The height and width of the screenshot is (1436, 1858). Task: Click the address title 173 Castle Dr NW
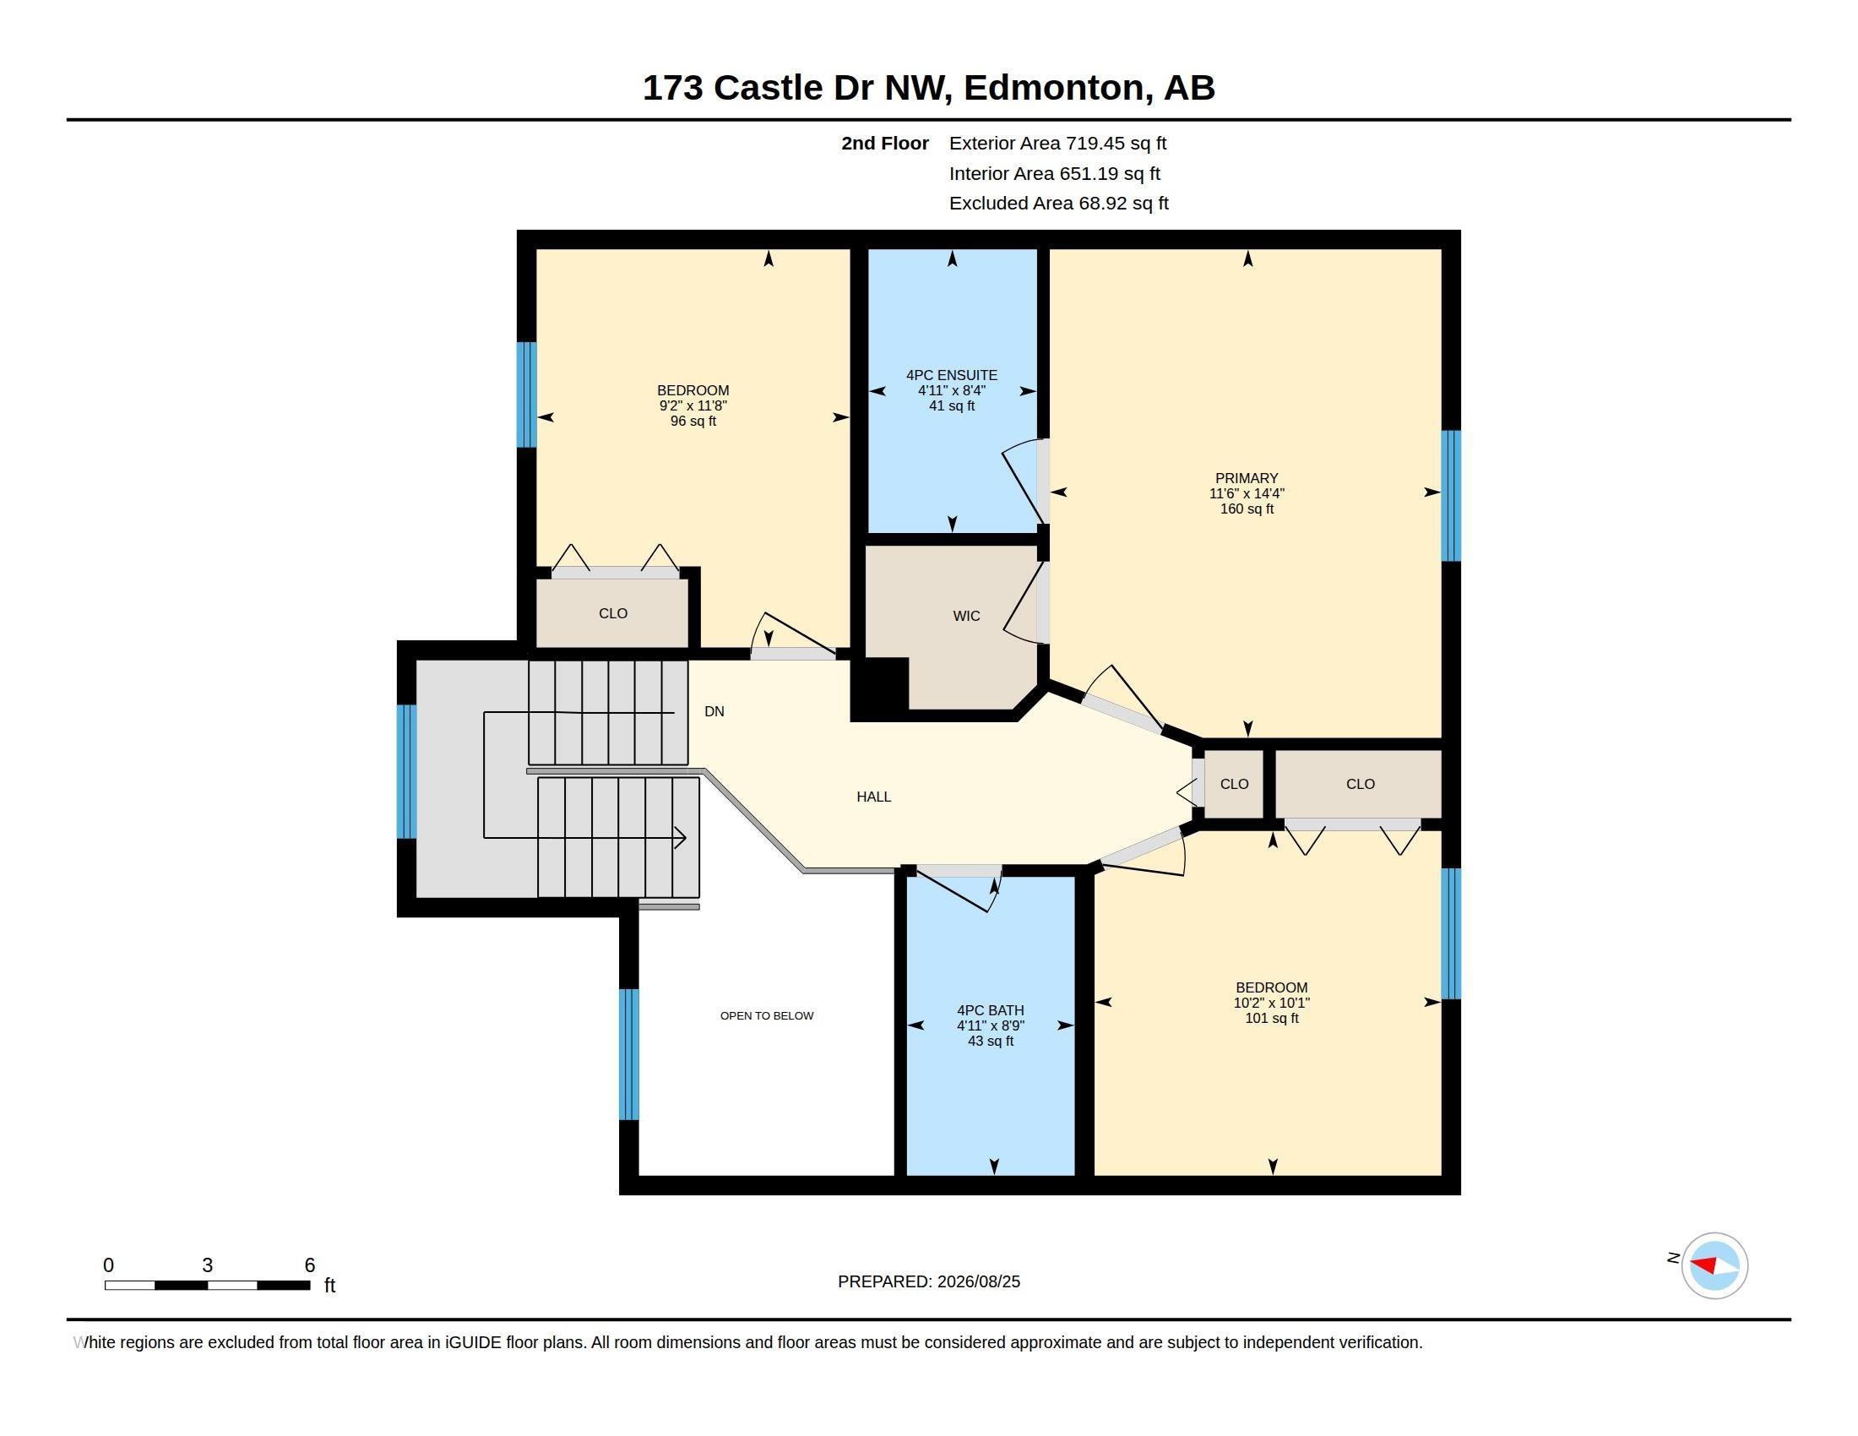click(x=794, y=88)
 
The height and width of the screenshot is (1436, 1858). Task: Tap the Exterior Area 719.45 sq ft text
click(x=1057, y=143)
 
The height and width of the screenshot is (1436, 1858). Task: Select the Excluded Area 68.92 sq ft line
click(x=1058, y=204)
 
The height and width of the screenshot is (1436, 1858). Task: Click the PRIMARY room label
click(x=1247, y=478)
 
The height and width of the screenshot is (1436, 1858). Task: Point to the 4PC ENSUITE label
click(x=951, y=375)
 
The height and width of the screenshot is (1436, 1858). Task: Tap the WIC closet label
click(x=966, y=616)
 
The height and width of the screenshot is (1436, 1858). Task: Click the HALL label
click(x=874, y=797)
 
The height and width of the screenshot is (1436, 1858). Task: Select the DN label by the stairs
click(x=714, y=711)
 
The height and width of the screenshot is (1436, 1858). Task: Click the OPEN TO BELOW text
click(x=767, y=1015)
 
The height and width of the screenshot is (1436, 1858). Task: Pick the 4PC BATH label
click(x=991, y=1010)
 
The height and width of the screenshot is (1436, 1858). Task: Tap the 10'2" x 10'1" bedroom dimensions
click(x=1272, y=1003)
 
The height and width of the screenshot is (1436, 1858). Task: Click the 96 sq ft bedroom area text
click(x=693, y=422)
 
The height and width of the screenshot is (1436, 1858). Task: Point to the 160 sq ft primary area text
click(x=1247, y=509)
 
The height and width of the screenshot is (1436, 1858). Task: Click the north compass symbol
click(x=1714, y=1265)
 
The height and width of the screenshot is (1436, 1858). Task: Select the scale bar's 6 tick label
click(x=310, y=1265)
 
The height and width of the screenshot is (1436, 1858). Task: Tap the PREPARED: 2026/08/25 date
click(x=929, y=1281)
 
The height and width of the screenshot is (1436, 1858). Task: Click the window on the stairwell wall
click(x=407, y=771)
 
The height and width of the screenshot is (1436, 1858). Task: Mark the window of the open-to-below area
click(x=628, y=1054)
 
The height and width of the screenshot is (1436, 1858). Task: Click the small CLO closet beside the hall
click(x=1235, y=784)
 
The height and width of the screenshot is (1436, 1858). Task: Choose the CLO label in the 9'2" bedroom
click(x=612, y=613)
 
